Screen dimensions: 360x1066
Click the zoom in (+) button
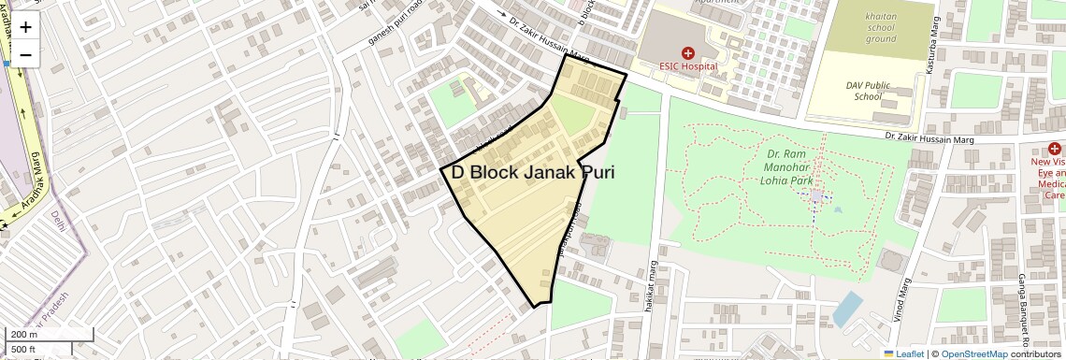tap(25, 27)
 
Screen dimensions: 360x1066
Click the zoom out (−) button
tap(25, 55)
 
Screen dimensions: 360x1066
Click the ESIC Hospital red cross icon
tap(688, 53)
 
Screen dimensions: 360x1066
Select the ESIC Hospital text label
tap(688, 66)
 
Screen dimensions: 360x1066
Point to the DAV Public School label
tap(863, 91)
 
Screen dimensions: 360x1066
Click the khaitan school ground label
tap(881, 28)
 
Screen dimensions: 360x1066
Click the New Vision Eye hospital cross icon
tap(1055, 149)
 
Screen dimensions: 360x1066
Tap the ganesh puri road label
tap(383, 29)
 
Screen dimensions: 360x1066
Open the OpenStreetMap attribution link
tap(973, 353)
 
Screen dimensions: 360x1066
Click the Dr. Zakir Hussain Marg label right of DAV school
tap(936, 139)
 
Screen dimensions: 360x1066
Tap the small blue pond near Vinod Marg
tap(847, 307)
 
